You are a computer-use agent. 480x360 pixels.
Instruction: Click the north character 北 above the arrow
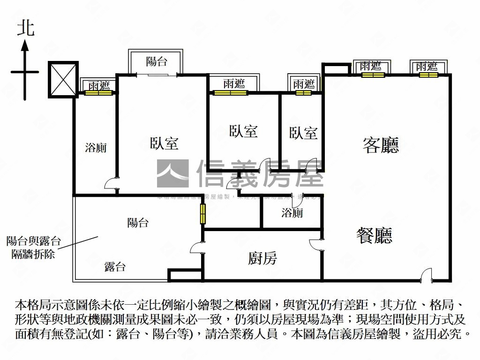click(x=26, y=28)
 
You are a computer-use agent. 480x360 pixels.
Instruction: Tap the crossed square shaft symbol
click(x=62, y=79)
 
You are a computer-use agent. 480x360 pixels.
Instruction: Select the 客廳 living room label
click(x=381, y=145)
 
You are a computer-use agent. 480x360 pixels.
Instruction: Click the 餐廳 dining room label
click(x=374, y=235)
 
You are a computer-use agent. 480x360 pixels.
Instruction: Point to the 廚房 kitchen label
click(x=262, y=257)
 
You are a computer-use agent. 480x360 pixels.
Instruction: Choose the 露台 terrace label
click(x=115, y=267)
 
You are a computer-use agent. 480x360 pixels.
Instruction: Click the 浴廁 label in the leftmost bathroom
click(x=96, y=148)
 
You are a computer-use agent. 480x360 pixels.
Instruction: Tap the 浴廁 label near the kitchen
click(x=292, y=213)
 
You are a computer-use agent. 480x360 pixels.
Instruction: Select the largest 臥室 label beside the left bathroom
click(x=164, y=143)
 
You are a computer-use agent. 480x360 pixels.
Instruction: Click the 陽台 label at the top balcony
click(x=157, y=61)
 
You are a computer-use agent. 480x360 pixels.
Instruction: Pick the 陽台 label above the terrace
click(x=138, y=223)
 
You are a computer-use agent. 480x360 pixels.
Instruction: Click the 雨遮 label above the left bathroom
click(x=99, y=85)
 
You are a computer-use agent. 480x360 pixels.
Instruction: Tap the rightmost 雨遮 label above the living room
click(x=427, y=67)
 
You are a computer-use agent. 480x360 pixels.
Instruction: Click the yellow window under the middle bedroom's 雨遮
click(x=230, y=92)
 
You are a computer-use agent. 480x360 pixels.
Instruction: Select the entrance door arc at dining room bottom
click(x=426, y=274)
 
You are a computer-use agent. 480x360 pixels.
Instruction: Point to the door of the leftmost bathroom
click(x=110, y=183)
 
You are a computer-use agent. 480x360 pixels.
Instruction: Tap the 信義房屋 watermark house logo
click(x=172, y=173)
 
